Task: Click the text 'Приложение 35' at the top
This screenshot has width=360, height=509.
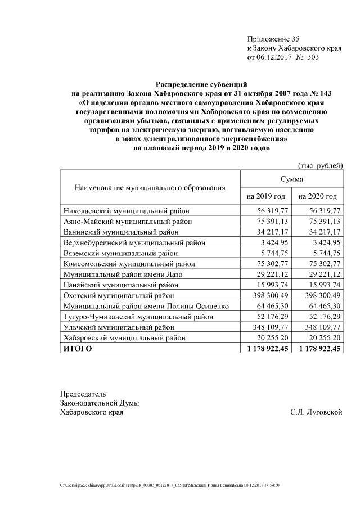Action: click(x=273, y=39)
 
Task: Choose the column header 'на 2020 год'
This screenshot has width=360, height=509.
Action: click(x=318, y=196)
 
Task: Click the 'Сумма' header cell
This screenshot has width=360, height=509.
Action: click(x=292, y=178)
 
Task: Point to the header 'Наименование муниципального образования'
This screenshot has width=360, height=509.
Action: click(x=150, y=187)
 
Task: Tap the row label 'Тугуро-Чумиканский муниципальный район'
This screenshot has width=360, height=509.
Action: click(x=137, y=316)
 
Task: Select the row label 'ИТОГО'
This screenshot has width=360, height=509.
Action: click(x=76, y=348)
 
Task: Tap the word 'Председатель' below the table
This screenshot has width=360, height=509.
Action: click(x=83, y=393)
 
